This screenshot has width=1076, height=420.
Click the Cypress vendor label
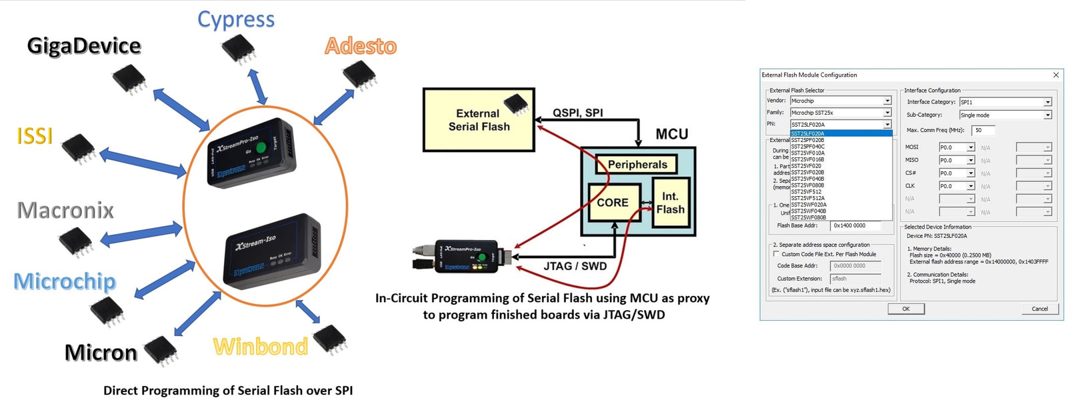coord(236,19)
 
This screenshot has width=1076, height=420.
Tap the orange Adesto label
coord(361,46)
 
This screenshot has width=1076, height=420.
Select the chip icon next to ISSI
coord(78,148)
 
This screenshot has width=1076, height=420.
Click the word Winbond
coord(260,347)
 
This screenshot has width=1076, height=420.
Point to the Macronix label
coord(65,211)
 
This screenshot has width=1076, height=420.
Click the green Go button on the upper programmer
coord(262,147)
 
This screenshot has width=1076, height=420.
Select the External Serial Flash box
coord(479,120)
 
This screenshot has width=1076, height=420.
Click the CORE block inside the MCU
coord(612,203)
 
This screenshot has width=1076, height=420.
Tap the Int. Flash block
coord(669,203)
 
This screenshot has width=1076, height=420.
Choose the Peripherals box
coord(637,165)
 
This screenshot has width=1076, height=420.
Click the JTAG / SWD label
coord(575,266)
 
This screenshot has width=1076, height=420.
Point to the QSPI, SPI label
coord(577,113)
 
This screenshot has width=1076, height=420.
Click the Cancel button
coord(1039,309)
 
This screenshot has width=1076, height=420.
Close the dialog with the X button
coord(1056,75)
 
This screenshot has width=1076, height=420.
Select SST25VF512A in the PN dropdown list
coord(808,198)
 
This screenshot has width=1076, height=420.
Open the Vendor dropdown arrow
coord(887,101)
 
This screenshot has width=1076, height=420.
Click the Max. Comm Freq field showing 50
coord(983,130)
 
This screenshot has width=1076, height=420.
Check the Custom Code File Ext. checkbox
coord(776,254)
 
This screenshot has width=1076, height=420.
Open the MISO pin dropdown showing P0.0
coord(971,160)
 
